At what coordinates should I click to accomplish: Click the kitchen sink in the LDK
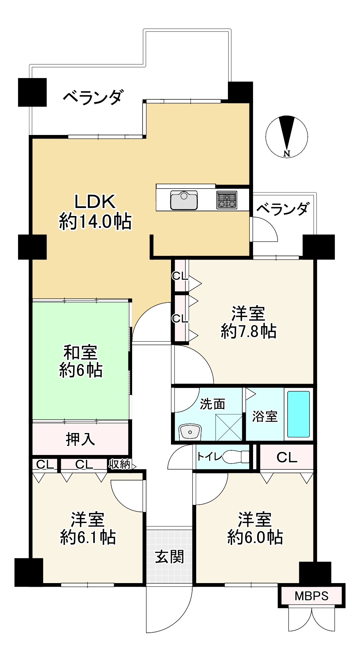click(184, 200)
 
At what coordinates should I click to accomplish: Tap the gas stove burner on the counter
click(227, 200)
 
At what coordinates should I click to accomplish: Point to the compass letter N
click(287, 154)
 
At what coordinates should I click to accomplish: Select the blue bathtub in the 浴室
click(298, 414)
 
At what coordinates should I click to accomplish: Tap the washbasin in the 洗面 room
click(190, 432)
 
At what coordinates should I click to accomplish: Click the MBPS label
click(311, 596)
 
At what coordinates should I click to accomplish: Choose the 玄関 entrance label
click(170, 556)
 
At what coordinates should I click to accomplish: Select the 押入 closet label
click(80, 439)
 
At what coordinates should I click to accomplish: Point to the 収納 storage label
click(120, 464)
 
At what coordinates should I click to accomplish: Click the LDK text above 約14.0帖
click(95, 202)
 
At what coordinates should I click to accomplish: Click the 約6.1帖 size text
click(88, 537)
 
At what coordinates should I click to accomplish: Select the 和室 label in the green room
click(80, 352)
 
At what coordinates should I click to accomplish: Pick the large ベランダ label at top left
click(94, 97)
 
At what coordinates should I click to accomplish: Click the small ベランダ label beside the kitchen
click(283, 209)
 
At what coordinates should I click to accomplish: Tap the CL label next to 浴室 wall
click(287, 457)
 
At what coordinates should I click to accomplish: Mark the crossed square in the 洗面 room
click(229, 427)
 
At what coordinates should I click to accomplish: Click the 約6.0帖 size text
click(255, 537)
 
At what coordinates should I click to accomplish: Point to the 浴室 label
click(265, 416)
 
